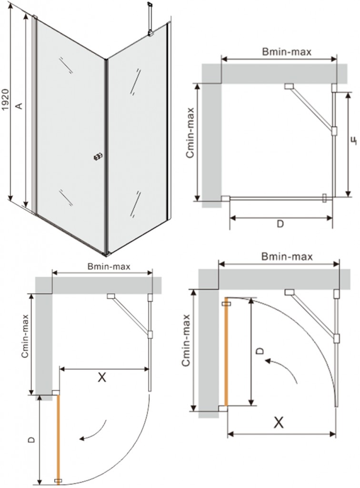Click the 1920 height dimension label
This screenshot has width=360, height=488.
(6, 100)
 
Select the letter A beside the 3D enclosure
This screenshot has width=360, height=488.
(19, 105)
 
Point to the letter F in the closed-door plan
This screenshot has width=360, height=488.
(353, 141)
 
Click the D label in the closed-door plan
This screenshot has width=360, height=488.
(280, 224)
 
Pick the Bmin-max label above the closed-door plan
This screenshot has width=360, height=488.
(287, 51)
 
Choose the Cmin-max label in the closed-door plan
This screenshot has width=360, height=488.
(190, 133)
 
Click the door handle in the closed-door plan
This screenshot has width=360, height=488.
(325, 198)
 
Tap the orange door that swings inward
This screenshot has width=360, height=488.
(226, 353)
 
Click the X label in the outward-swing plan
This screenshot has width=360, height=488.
(101, 378)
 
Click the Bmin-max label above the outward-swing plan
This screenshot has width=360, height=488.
(109, 266)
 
